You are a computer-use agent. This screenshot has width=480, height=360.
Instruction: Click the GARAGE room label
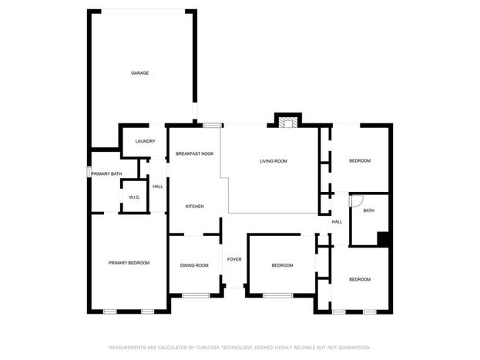click(x=140, y=73)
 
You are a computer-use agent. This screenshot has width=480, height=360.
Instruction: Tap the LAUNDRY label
click(x=145, y=141)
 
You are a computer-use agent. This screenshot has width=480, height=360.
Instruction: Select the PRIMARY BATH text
click(x=106, y=173)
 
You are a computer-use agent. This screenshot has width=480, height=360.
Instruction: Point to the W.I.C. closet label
click(x=134, y=197)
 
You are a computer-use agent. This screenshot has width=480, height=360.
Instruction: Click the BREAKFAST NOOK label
click(x=195, y=154)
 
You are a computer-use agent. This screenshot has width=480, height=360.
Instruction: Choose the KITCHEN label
click(x=195, y=207)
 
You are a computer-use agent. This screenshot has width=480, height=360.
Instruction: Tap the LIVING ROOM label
click(x=274, y=161)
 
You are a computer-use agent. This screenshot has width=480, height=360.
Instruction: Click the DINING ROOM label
click(x=194, y=265)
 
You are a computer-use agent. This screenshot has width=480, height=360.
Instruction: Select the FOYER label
click(x=234, y=260)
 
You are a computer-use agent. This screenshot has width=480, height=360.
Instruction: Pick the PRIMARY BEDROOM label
click(x=129, y=263)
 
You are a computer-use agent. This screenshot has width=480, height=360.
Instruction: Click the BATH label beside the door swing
click(x=369, y=210)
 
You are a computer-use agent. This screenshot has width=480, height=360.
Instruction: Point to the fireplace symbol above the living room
click(x=287, y=123)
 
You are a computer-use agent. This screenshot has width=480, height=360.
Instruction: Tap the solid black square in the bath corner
click(x=383, y=239)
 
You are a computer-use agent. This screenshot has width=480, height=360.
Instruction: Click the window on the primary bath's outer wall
click(x=89, y=172)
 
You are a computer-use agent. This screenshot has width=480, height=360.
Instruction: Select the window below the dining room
click(x=196, y=295)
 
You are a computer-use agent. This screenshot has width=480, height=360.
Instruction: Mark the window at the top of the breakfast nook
click(x=212, y=126)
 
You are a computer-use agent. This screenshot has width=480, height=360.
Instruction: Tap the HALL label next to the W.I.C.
click(x=158, y=187)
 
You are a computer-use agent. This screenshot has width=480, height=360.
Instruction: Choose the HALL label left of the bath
click(x=337, y=222)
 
